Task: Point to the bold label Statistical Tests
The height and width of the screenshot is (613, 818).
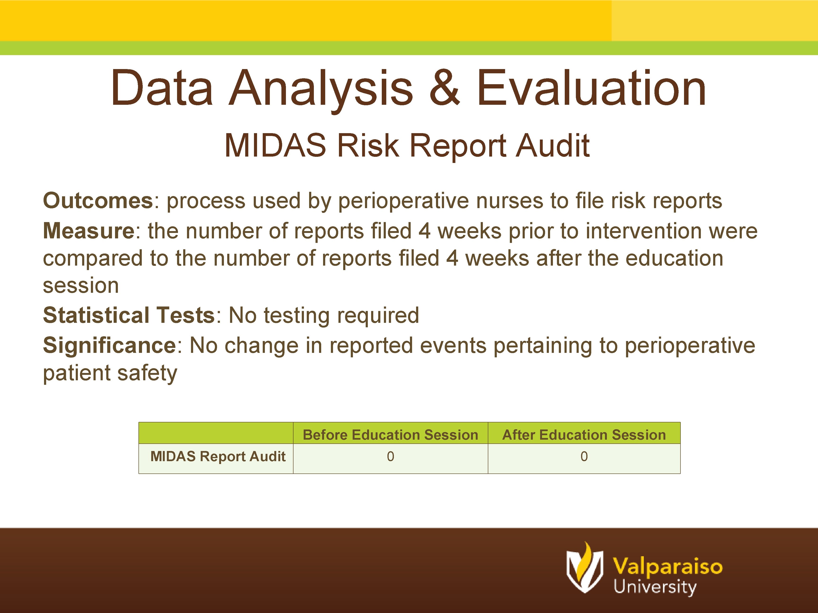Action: tap(129, 315)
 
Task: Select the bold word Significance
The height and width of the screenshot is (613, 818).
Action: tap(109, 346)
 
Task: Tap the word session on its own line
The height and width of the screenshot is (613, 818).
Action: tap(81, 286)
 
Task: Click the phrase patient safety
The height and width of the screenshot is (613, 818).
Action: tap(110, 373)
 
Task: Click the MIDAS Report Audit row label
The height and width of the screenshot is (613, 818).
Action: tap(218, 457)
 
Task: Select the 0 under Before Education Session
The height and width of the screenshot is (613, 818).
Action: tap(391, 457)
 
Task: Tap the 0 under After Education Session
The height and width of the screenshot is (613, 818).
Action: tap(584, 457)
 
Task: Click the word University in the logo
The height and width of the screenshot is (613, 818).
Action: tap(655, 587)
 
